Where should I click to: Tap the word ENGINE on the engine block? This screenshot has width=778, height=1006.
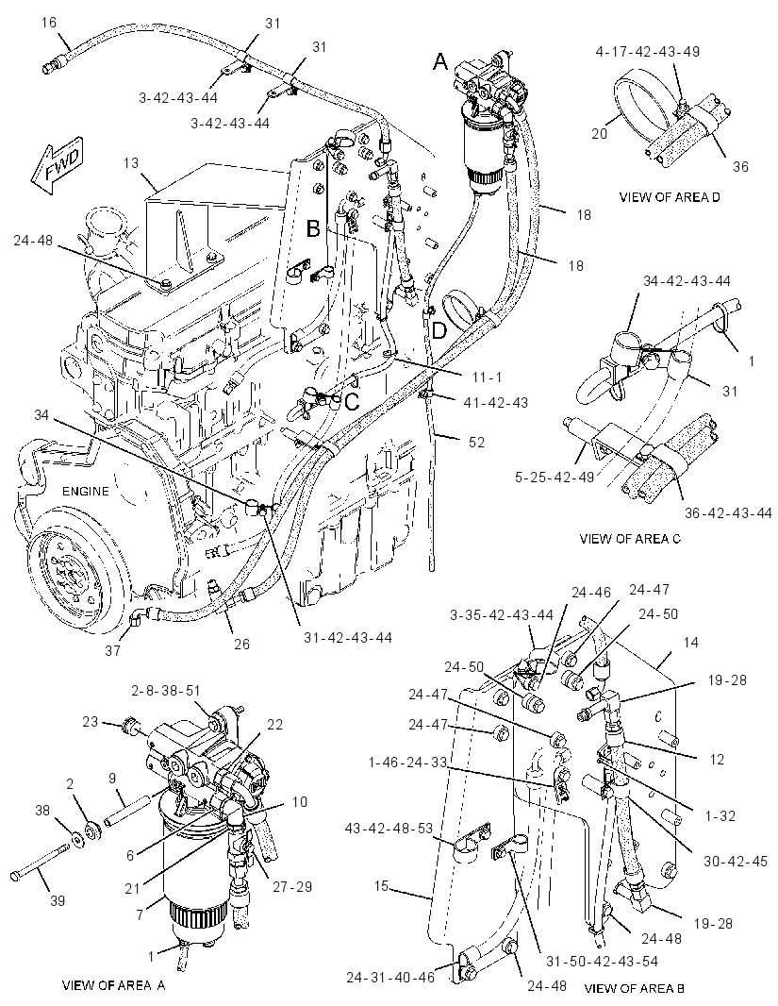point(86,492)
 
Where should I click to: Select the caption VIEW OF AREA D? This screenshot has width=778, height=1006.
point(669,197)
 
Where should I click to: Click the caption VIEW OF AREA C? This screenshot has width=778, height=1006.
point(630,538)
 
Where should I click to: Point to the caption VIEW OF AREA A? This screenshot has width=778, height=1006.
point(113,985)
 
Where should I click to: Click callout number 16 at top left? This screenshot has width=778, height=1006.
point(49,23)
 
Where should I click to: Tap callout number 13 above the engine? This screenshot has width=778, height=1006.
point(131,163)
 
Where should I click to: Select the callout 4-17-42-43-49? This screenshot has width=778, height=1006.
point(647,51)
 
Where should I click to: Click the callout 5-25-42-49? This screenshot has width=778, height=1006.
point(555,477)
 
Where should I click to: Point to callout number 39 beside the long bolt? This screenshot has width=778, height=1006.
point(57,901)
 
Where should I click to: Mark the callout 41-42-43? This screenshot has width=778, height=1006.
point(496,402)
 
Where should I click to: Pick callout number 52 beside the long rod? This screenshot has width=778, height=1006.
point(476,442)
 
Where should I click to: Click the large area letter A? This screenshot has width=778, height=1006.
point(441,61)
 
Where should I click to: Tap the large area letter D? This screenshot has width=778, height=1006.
point(439,330)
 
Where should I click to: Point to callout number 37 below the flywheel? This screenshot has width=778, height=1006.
point(113,650)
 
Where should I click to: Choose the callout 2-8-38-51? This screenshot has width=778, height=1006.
point(167,691)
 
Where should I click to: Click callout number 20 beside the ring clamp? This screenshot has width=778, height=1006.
point(599,134)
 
